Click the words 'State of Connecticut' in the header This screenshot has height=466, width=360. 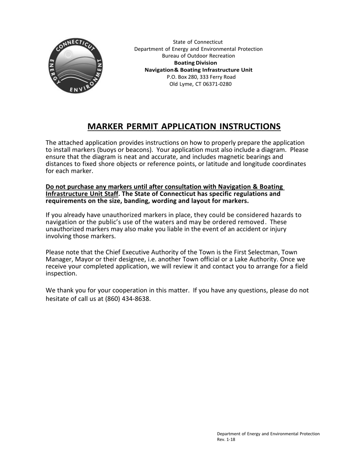pos(198,42)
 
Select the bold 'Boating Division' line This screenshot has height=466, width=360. pos(196,63)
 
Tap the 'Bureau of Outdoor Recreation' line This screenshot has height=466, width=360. pos(198,56)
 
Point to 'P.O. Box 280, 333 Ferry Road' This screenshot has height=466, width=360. pos(201,77)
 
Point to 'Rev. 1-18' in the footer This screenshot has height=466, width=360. pos(226,440)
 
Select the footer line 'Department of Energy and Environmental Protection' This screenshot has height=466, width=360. pos(268,434)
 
